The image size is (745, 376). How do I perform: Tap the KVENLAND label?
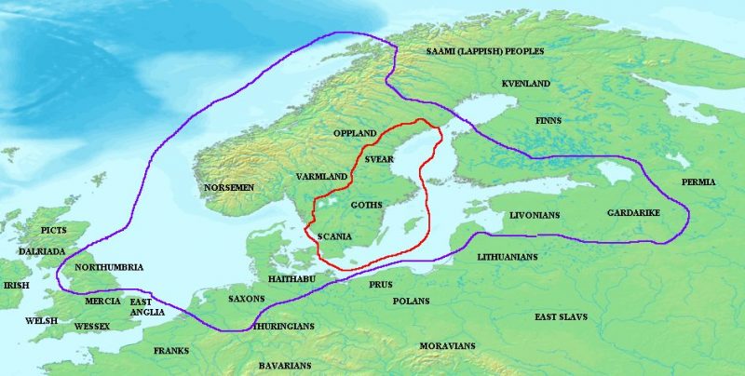point(526,84)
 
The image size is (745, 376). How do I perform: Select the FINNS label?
point(548,121)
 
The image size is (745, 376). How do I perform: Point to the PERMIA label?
point(698,181)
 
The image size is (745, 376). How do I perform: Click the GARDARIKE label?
point(633,213)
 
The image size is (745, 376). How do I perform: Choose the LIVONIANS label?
point(534,215)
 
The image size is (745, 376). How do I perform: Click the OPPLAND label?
point(355,134)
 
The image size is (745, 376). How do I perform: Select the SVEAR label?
point(380,159)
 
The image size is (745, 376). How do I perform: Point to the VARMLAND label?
point(321,176)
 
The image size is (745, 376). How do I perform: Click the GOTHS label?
point(366,205)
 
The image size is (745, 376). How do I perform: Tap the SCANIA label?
point(334,236)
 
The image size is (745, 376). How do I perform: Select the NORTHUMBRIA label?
point(109,267)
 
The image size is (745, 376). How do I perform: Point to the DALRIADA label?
point(42,251)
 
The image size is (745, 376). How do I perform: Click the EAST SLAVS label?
point(561,317)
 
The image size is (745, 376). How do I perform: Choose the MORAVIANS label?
point(447,346)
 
